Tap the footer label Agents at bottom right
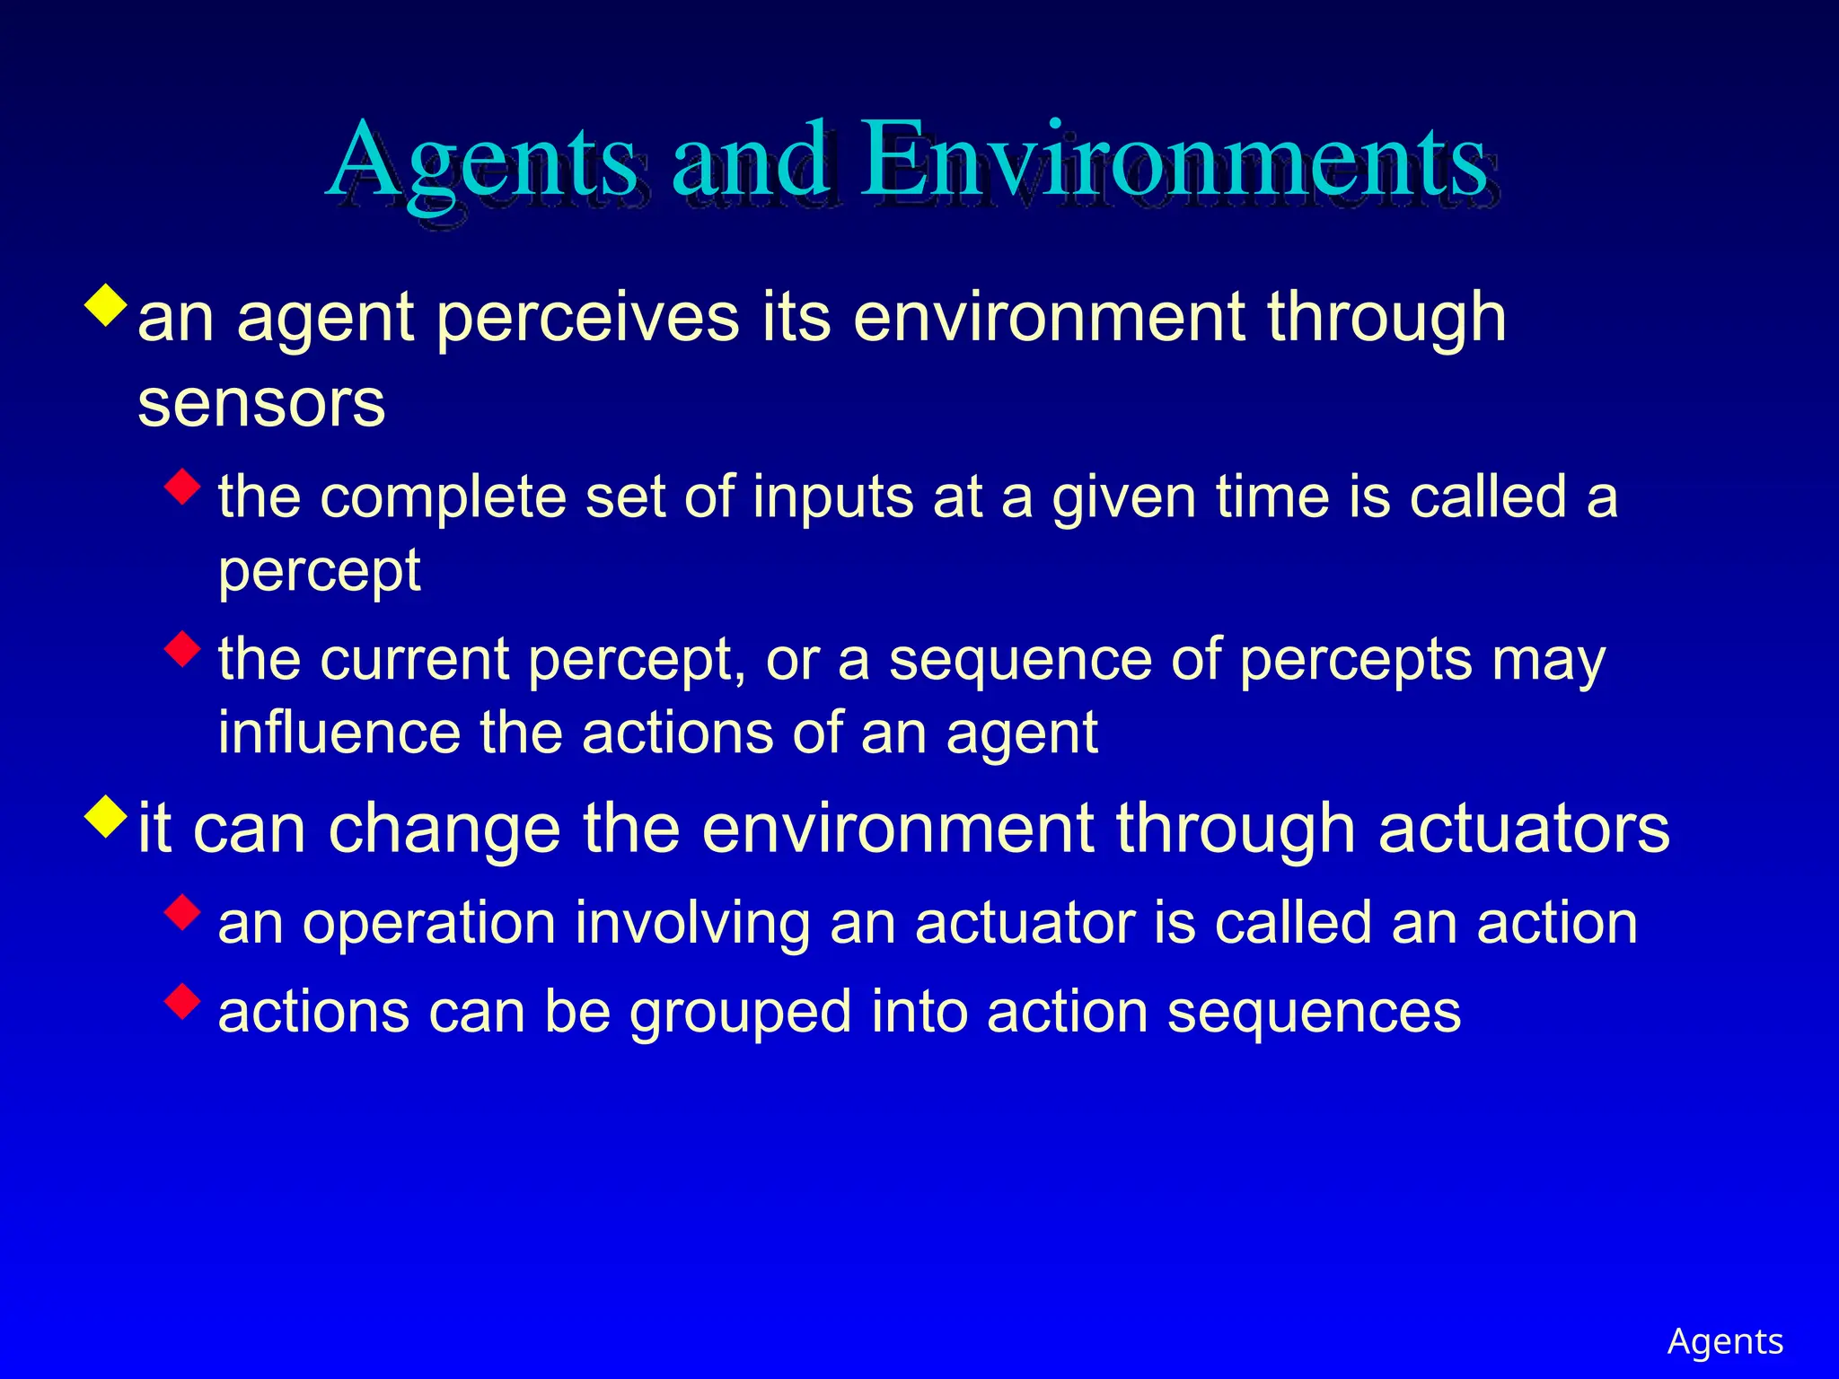point(1725,1341)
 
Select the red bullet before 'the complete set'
point(183,487)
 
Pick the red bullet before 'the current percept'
point(183,649)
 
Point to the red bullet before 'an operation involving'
point(183,913)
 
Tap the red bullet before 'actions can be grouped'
point(183,1001)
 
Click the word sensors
point(261,404)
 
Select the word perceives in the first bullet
point(587,318)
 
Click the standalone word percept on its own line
point(320,572)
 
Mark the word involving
point(692,925)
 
